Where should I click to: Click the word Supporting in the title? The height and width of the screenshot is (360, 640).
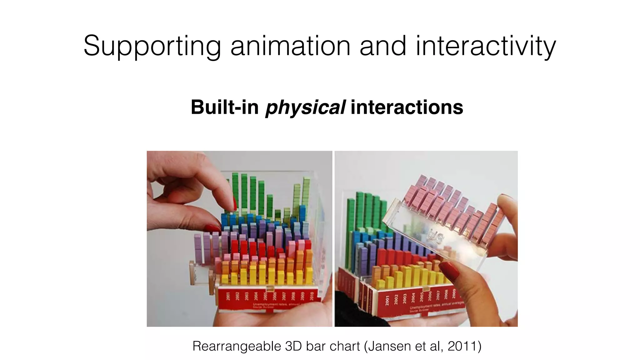point(152,46)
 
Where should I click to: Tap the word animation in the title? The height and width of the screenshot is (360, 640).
point(290,46)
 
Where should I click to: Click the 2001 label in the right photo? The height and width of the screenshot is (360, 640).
point(387,300)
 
